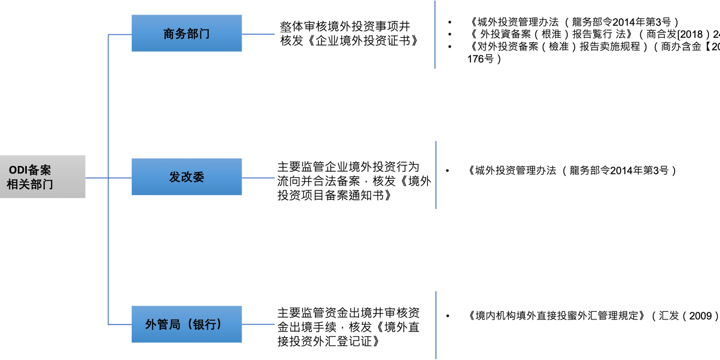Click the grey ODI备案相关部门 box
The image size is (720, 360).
point(44,177)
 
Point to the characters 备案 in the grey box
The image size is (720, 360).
point(39,170)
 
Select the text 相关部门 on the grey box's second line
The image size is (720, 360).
point(30,185)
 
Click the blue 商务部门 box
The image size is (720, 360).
point(186,34)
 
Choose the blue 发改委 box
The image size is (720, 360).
point(186,177)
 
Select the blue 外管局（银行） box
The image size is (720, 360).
point(186,324)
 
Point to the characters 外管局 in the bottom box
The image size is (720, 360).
point(163,325)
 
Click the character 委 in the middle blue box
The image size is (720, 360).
point(199,177)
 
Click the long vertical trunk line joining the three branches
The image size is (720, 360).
point(108,250)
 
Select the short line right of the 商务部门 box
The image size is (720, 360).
point(260,34)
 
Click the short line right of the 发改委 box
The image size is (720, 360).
point(260,178)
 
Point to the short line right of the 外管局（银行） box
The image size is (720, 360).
point(260,325)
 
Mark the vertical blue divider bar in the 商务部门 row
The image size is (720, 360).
point(435,35)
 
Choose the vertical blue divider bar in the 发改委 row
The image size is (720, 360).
point(436,174)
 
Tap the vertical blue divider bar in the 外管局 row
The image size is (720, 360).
point(436,324)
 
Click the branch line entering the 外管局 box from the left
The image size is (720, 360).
point(120,325)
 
